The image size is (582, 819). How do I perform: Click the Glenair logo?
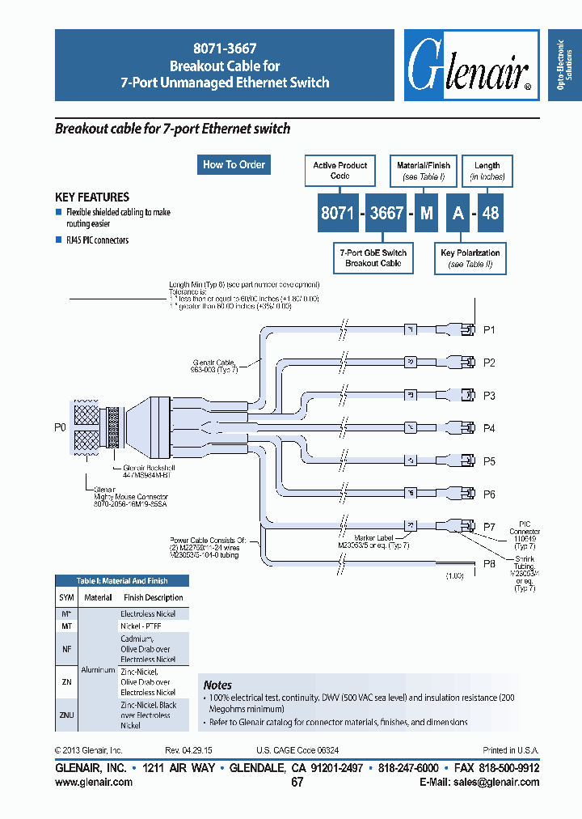click(x=470, y=66)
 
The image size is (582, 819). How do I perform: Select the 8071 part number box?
click(x=336, y=214)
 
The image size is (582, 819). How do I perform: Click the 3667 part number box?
click(x=386, y=214)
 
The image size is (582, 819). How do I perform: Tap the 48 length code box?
click(x=491, y=214)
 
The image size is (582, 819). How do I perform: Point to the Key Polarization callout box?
click(x=470, y=258)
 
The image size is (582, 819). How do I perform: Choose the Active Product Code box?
click(x=339, y=170)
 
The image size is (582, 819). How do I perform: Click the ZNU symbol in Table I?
click(x=66, y=715)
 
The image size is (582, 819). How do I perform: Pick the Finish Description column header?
click(x=153, y=597)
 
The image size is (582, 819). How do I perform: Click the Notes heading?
click(x=217, y=685)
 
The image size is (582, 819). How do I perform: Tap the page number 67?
click(x=297, y=782)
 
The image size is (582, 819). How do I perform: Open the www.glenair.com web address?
click(x=94, y=782)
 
